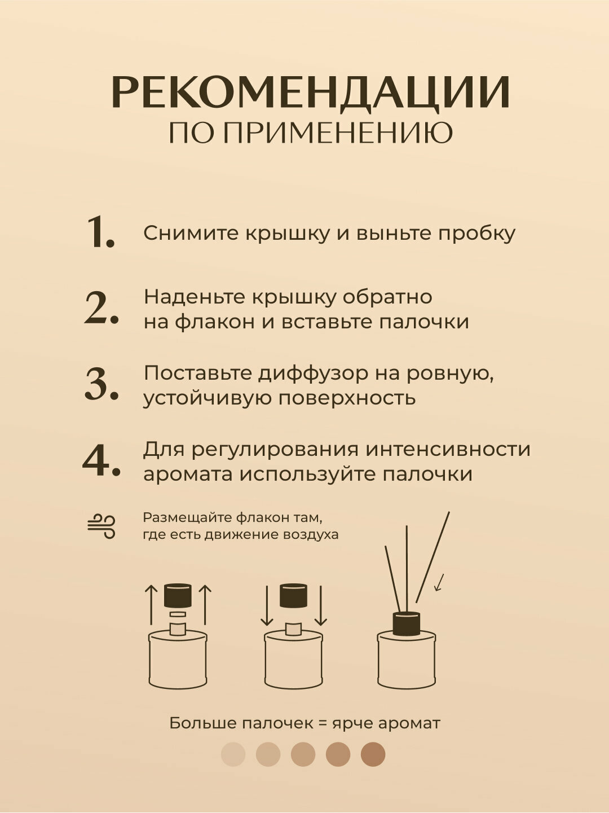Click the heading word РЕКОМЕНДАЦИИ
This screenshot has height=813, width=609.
(x=311, y=91)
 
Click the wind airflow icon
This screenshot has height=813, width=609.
(x=101, y=526)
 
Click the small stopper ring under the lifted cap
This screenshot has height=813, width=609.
(x=178, y=614)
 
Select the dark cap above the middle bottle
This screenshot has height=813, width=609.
(x=294, y=596)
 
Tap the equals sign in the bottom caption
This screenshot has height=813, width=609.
(x=323, y=723)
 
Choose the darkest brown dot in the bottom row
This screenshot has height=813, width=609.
(x=373, y=754)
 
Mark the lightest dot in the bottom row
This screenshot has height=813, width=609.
(x=233, y=754)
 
